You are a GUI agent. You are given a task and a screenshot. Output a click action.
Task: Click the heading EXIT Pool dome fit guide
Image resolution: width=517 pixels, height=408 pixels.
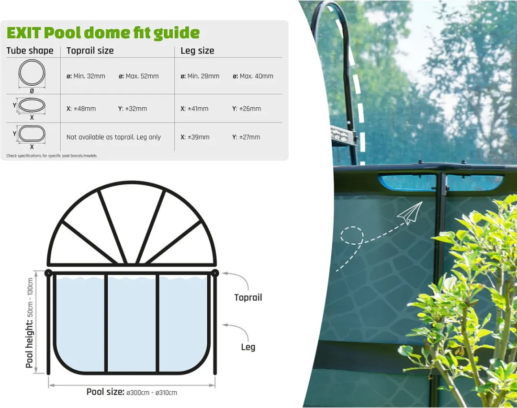click(103, 33)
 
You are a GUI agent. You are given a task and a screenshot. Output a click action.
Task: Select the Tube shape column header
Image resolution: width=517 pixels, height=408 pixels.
click(30, 50)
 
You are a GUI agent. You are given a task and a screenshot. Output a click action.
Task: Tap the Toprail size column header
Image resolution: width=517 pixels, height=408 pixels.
click(90, 50)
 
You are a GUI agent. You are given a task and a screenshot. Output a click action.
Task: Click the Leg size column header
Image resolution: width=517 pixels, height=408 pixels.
click(197, 51)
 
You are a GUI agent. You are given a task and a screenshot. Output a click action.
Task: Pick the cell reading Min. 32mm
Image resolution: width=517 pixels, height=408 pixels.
click(86, 76)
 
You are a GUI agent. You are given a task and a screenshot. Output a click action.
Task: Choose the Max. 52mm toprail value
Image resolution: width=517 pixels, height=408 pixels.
click(139, 76)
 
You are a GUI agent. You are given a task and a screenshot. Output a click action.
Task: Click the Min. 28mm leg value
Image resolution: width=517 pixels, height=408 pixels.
click(200, 76)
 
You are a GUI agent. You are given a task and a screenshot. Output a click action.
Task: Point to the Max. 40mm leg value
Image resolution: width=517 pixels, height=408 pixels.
click(253, 76)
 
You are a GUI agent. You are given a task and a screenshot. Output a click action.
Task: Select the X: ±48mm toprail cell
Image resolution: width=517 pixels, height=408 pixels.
click(81, 109)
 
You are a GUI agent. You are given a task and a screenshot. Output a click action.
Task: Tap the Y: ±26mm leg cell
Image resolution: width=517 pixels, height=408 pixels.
click(247, 109)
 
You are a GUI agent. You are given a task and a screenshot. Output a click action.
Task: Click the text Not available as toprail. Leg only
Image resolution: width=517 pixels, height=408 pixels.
click(113, 137)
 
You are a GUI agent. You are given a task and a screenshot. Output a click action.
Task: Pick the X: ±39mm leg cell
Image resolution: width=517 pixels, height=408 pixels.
click(195, 137)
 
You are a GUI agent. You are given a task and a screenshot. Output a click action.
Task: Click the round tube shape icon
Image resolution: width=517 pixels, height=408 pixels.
click(32, 73)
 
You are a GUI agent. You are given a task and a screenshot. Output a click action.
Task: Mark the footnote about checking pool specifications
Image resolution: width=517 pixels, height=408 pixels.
click(51, 156)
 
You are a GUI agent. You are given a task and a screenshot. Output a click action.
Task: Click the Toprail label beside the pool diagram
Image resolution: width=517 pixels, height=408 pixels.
click(248, 297)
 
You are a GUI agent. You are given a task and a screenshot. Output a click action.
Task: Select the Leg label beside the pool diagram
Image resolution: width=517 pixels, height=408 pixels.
click(248, 347)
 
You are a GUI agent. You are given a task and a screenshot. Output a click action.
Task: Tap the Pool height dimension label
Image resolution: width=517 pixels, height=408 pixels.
click(30, 323)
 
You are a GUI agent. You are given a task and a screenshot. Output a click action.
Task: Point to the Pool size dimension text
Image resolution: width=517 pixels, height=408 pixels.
click(132, 392)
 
